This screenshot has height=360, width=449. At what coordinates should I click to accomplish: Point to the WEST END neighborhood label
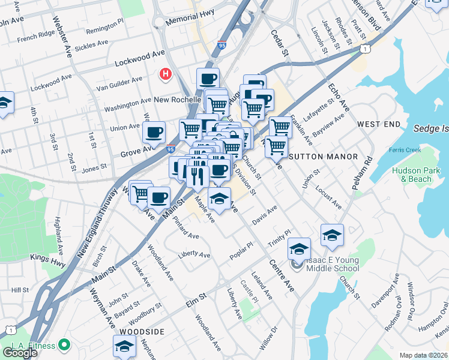click(x=378, y=124)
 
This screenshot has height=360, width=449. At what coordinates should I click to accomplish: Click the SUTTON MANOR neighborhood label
click(x=324, y=156)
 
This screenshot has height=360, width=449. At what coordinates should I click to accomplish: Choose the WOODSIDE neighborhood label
click(x=142, y=332)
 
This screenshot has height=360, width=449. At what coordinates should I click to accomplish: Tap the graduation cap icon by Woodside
click(x=124, y=346)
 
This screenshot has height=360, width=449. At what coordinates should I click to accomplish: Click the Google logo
click(x=20, y=353)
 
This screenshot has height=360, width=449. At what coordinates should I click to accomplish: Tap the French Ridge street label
click(x=35, y=39)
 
